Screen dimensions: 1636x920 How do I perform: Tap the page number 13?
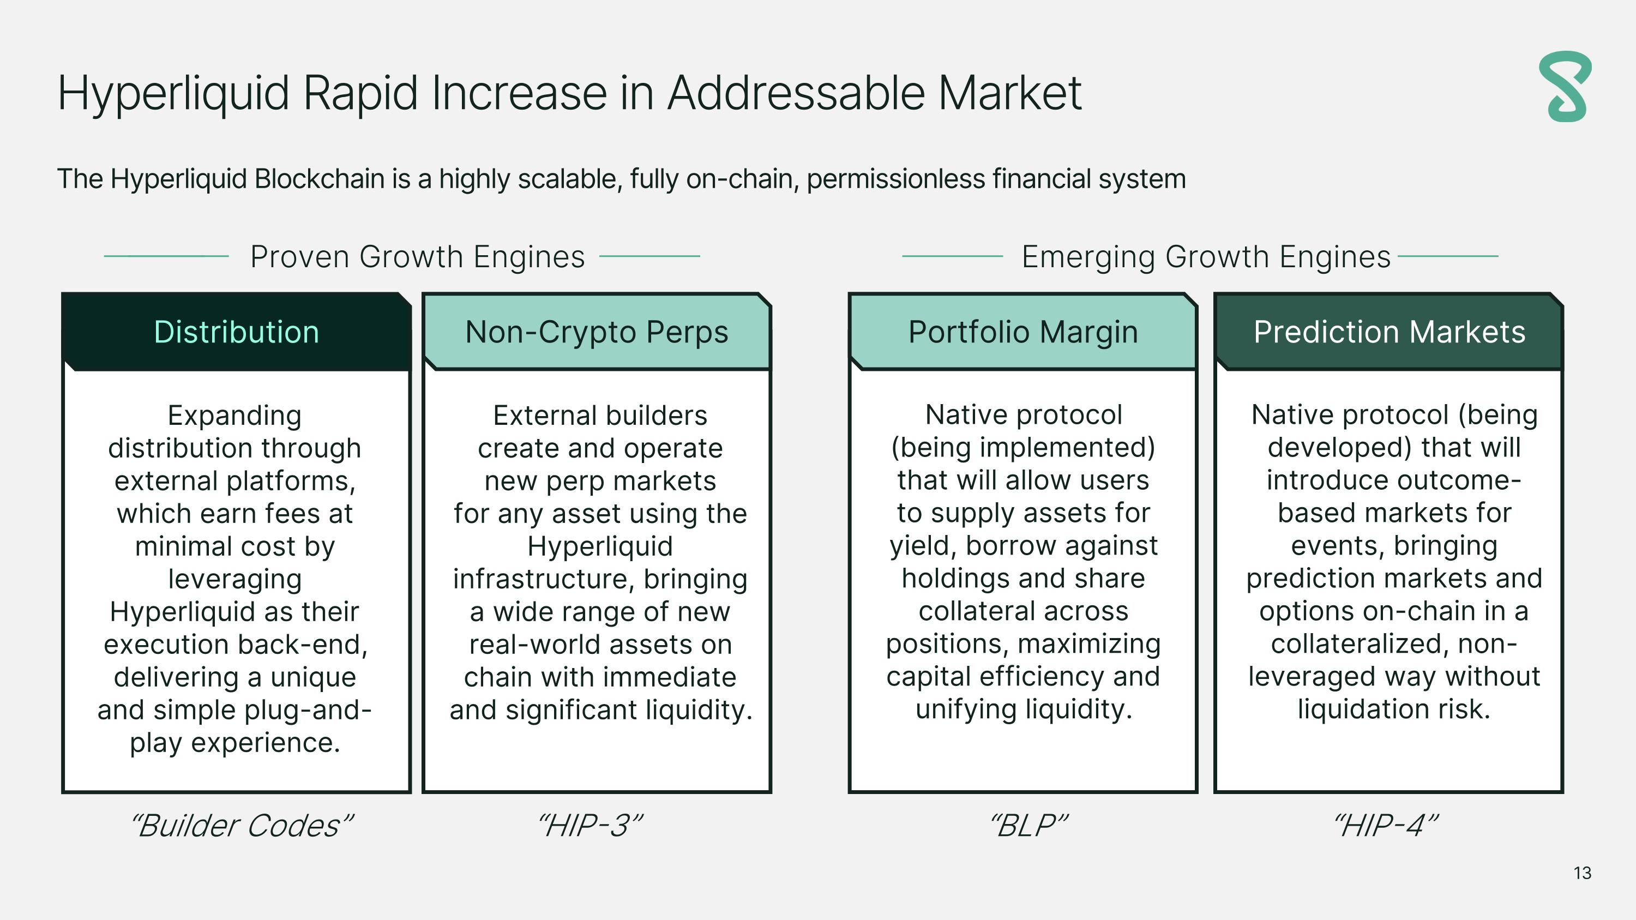1582,873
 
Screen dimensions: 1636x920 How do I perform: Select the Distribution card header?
236,332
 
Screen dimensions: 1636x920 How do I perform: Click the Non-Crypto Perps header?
597,332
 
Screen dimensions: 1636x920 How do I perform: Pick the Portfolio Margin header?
1023,332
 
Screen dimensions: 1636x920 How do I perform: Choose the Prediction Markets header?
1389,332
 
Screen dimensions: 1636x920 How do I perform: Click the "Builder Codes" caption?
242,826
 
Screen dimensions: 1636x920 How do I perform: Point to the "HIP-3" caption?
590,826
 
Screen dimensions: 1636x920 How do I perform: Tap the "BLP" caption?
1029,826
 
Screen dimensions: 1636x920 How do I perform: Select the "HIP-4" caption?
1386,826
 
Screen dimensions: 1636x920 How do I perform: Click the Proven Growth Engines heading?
417,257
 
